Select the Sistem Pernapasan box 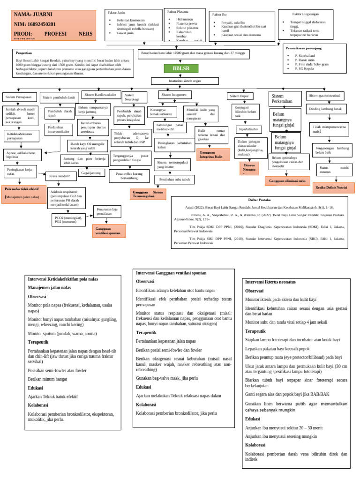click(x=20, y=97)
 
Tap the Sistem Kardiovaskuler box click(x=101, y=95)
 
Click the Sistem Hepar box click(x=240, y=96)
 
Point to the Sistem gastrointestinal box click(x=325, y=96)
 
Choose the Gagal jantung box click(x=91, y=172)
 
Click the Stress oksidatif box click(x=61, y=176)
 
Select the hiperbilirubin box click(x=248, y=129)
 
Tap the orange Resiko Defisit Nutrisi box click(x=333, y=187)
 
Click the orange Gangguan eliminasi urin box click(x=287, y=181)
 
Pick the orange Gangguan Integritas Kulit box click(x=213, y=155)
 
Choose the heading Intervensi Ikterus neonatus click(x=270, y=282)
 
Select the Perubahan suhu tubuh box click(x=174, y=180)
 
